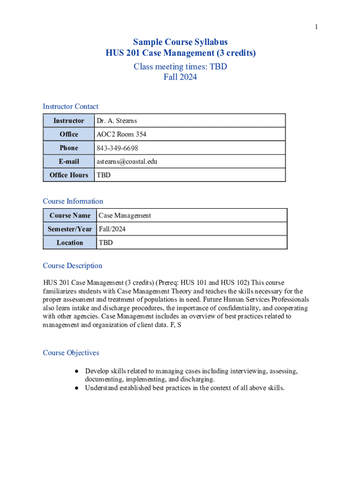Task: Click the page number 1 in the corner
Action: point(316,27)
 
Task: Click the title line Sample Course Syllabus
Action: point(180,42)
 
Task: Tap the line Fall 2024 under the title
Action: point(180,77)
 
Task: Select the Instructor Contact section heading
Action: point(71,107)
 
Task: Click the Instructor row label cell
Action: point(69,121)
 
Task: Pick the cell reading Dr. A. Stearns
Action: point(116,121)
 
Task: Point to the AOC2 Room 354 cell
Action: point(121,134)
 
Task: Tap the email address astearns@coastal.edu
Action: point(127,161)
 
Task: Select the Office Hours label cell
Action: point(69,175)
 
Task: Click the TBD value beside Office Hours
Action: point(103,175)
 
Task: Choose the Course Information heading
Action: point(73,201)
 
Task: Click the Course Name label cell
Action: point(70,216)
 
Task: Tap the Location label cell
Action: point(70,243)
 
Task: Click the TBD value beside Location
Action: point(106,243)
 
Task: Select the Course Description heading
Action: point(72,266)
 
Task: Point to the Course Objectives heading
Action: point(71,353)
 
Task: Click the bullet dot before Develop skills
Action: point(76,371)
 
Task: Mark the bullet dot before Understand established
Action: point(76,388)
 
